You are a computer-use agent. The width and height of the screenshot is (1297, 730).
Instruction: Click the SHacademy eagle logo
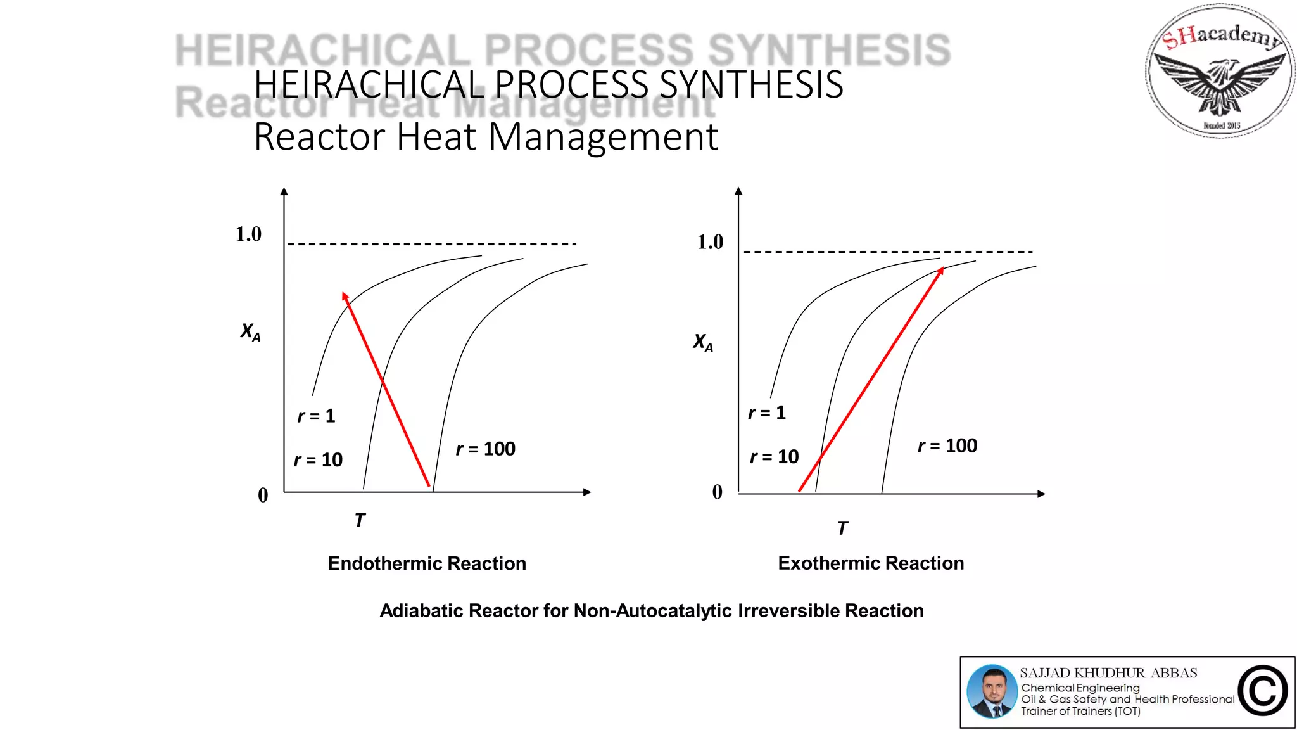point(1220,71)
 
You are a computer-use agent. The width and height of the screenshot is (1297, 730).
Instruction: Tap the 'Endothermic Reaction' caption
point(427,563)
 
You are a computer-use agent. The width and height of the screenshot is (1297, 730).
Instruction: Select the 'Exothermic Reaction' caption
point(871,563)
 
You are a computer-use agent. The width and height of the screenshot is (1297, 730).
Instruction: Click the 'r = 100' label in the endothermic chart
point(486,449)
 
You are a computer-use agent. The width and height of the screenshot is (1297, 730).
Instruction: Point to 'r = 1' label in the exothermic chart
point(767,413)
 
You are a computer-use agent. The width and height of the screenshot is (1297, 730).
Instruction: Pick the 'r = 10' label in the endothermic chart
point(318,459)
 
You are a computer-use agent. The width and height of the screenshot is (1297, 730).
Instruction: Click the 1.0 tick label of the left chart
point(248,234)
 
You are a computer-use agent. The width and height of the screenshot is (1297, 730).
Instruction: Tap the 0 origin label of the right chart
point(717,492)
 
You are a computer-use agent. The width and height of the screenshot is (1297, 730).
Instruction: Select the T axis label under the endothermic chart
point(360,520)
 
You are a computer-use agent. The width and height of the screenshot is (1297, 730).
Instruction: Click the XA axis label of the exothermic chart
point(702,342)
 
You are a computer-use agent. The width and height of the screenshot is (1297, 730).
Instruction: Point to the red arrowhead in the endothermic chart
point(345,297)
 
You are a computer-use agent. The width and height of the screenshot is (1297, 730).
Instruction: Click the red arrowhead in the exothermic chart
point(941,271)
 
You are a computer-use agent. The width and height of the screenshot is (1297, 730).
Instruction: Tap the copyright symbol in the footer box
point(1263,691)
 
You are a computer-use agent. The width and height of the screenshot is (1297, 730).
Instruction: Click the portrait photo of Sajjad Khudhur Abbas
point(992,691)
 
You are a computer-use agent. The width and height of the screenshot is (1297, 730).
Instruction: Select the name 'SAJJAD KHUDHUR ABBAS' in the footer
point(1108,673)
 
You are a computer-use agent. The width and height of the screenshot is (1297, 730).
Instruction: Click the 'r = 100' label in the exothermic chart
point(947,445)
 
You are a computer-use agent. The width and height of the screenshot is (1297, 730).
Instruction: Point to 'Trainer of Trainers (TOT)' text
point(1080,711)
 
